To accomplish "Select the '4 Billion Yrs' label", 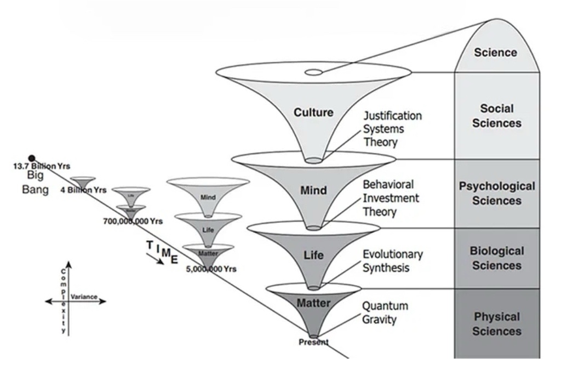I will click(x=83, y=190).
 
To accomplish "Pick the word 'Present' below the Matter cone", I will click(x=313, y=342).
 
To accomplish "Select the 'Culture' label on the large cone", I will click(x=313, y=113).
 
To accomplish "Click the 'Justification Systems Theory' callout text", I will click(x=393, y=129).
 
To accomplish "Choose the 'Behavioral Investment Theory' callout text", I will click(x=388, y=198).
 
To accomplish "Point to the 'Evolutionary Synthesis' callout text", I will click(x=393, y=261).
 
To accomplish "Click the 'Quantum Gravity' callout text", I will click(x=386, y=312).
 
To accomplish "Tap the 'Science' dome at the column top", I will click(x=495, y=53).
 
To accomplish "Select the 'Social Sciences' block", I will click(x=497, y=116).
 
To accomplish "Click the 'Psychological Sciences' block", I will click(x=497, y=193).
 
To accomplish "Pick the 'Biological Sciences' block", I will click(x=497, y=258).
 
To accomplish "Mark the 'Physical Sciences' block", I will click(x=497, y=324).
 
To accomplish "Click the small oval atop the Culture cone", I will click(x=313, y=72).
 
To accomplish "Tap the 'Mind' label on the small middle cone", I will click(x=208, y=197).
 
